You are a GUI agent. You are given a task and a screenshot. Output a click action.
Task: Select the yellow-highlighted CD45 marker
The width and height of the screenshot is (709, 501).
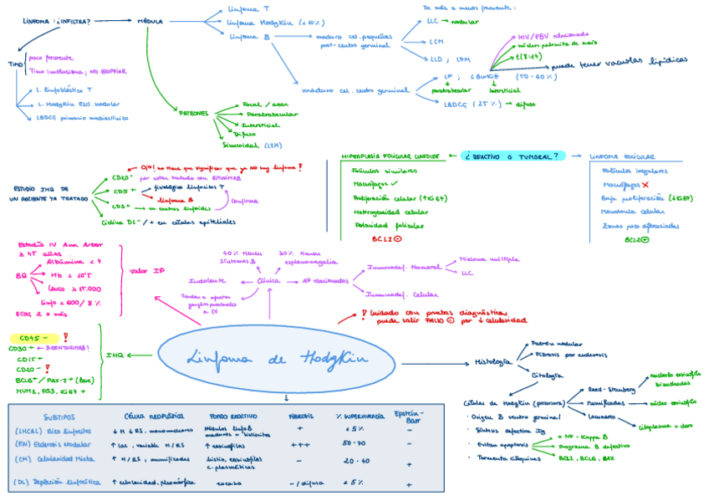point(31,338)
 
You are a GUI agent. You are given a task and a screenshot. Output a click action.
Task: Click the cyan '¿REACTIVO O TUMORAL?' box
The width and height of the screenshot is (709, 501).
point(513,156)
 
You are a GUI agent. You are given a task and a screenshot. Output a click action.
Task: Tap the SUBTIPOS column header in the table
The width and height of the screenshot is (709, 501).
point(59,417)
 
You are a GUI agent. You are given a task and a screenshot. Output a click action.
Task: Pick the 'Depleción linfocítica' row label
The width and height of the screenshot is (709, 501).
point(58,482)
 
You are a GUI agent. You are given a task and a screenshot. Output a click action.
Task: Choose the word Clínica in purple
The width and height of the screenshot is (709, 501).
point(269,281)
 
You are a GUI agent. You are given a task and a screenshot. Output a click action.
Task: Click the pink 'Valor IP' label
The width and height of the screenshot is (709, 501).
point(146,269)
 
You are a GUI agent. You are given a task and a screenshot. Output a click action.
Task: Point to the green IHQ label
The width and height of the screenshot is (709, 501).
point(115,355)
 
